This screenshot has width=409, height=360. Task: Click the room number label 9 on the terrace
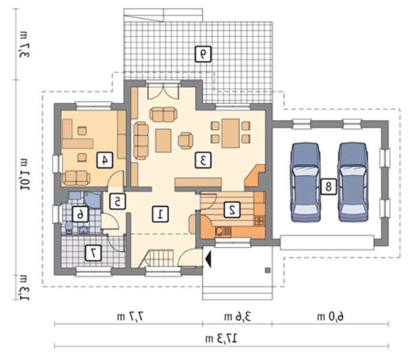point(203,54)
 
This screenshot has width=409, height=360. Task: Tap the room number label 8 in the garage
point(328,186)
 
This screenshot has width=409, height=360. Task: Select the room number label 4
point(105,160)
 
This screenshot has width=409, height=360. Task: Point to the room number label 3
point(203,160)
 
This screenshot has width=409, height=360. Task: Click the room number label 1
point(160,214)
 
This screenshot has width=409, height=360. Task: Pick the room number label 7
point(93,252)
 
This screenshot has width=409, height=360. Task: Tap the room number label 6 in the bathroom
point(80,214)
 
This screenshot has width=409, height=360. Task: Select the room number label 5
point(117,201)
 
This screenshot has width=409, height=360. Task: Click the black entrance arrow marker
point(208,258)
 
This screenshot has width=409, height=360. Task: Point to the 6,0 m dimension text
point(330,316)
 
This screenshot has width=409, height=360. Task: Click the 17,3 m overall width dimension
point(221,338)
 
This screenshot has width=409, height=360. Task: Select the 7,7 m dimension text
point(130,316)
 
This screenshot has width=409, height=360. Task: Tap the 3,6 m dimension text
point(237,316)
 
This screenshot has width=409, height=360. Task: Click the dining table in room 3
point(231,133)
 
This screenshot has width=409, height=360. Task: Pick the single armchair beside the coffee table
point(185,141)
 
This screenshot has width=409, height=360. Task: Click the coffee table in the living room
point(163,141)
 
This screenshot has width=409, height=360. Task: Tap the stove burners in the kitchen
point(259,220)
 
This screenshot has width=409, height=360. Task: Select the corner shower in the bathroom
point(92,200)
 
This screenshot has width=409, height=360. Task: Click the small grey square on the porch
point(268,270)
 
